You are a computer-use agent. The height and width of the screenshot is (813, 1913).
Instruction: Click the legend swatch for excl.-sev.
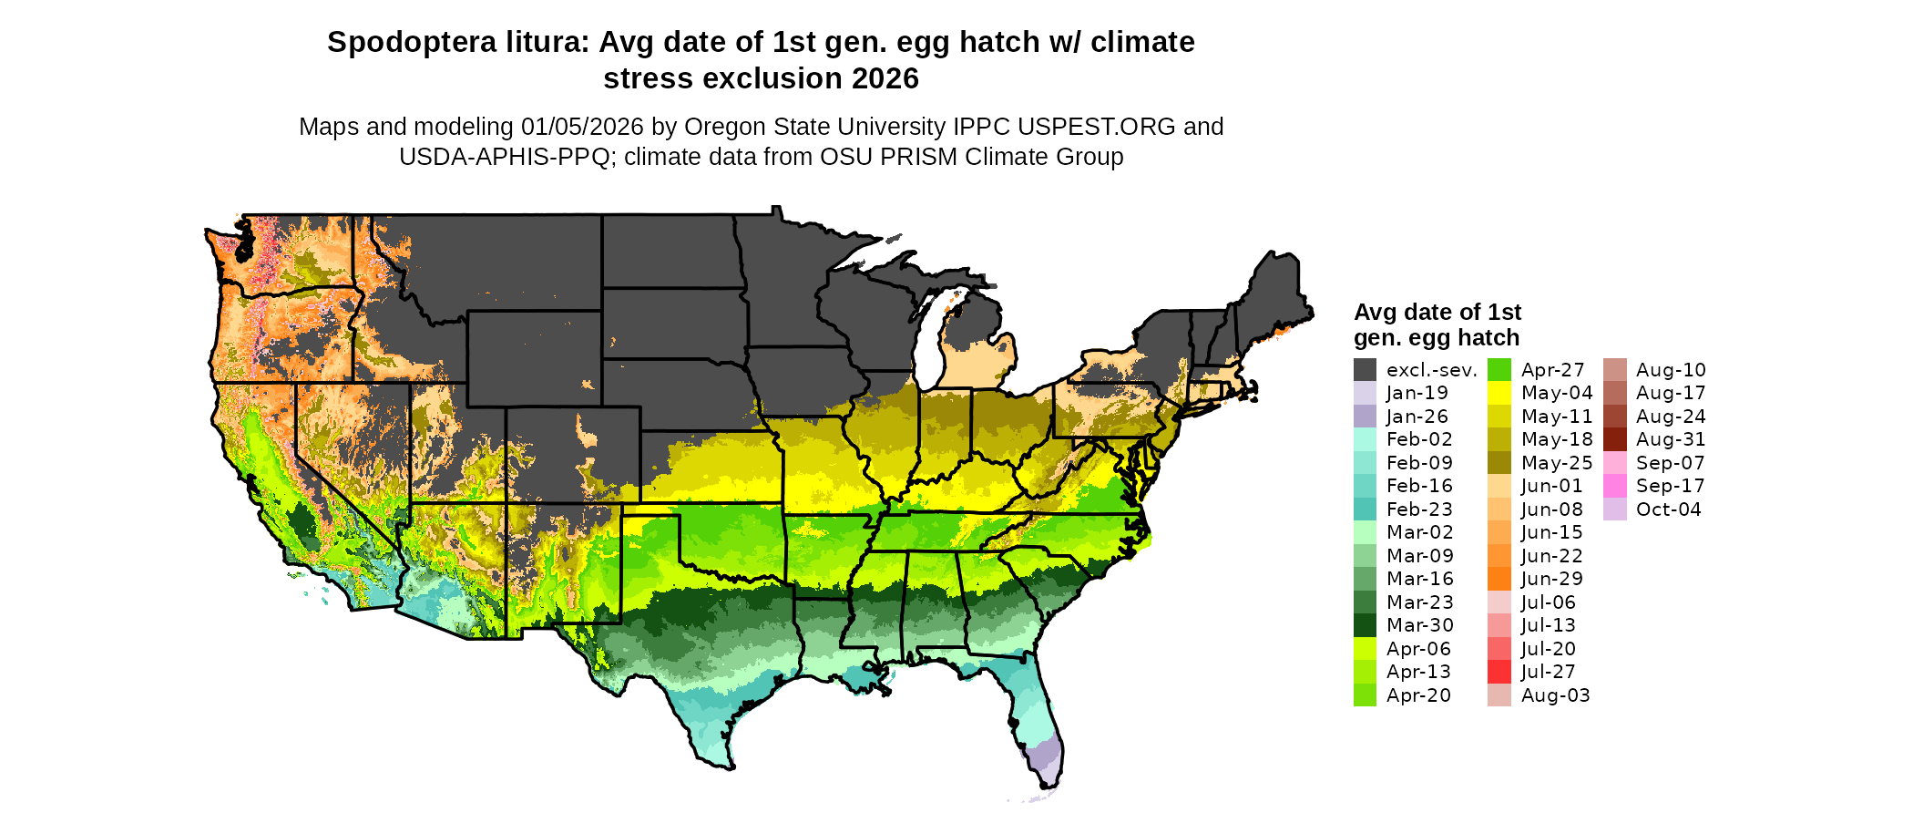tap(1365, 370)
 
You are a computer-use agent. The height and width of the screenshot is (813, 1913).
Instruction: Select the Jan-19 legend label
tap(1417, 394)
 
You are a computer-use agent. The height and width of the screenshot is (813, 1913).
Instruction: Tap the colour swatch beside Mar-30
tap(1365, 625)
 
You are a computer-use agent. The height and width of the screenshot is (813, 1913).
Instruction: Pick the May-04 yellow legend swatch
tap(1499, 394)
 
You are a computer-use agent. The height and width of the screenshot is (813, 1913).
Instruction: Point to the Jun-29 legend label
tap(1551, 579)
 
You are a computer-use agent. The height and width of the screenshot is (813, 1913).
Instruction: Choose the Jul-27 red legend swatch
tap(1499, 672)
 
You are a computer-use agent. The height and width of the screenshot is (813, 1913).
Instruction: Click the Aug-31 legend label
tap(1670, 439)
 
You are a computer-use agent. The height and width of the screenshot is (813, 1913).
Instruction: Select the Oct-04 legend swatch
tap(1614, 509)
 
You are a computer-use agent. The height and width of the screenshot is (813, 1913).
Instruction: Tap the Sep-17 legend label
tap(1670, 486)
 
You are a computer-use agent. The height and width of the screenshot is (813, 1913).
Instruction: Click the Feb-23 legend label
tap(1419, 509)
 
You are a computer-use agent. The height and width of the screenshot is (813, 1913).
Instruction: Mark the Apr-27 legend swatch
tap(1499, 370)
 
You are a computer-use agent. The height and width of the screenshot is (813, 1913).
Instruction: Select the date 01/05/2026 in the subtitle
tap(581, 127)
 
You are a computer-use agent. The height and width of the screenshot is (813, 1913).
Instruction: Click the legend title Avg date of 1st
tap(1437, 313)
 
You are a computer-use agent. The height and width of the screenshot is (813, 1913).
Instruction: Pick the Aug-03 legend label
tap(1555, 695)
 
